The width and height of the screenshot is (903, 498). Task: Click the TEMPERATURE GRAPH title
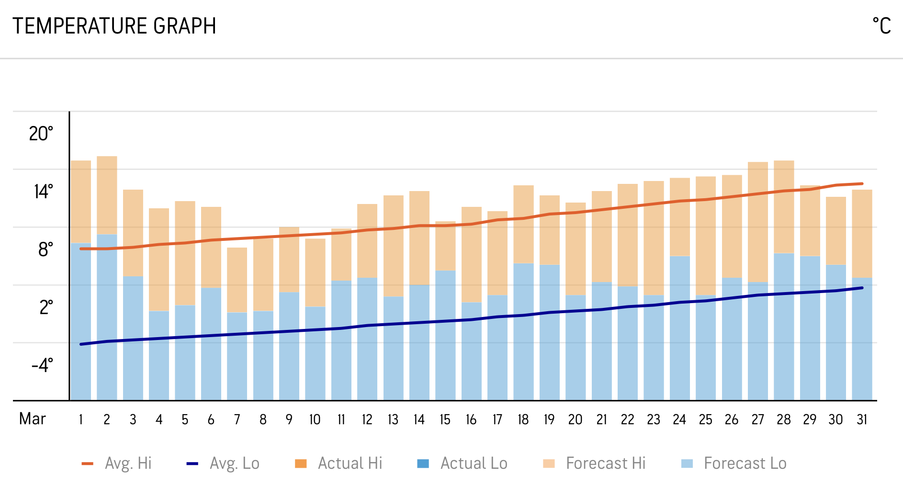click(114, 26)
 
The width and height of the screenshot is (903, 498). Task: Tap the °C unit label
click(881, 26)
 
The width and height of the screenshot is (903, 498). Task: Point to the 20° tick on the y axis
click(41, 134)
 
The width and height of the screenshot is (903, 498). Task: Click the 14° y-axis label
click(43, 192)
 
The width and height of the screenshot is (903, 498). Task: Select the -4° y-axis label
click(42, 365)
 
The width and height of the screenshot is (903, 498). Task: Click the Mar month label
click(32, 419)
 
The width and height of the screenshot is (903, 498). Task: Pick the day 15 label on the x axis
click(445, 420)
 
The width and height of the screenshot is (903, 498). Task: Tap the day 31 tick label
click(862, 420)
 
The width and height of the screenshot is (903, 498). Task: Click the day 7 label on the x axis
click(237, 420)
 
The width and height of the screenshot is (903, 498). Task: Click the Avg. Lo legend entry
click(223, 464)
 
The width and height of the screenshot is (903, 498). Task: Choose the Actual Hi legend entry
click(339, 464)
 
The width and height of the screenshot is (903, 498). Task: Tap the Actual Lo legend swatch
click(423, 464)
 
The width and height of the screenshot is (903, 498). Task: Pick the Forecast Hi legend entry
click(594, 464)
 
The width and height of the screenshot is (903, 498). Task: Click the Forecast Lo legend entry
click(734, 464)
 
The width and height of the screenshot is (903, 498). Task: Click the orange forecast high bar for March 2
click(107, 195)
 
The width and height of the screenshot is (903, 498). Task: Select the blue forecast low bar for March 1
click(81, 321)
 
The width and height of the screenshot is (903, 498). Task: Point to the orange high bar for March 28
click(784, 206)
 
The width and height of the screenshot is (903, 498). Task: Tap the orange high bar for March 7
click(237, 280)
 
